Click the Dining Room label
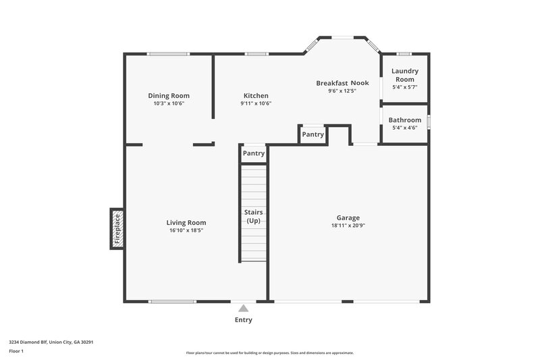pyautogui.click(x=169, y=96)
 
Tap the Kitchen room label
pyautogui.click(x=256, y=96)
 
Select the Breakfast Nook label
pyautogui.click(x=342, y=83)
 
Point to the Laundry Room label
pyautogui.click(x=405, y=75)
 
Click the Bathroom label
pyautogui.click(x=405, y=120)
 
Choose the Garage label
pyautogui.click(x=348, y=217)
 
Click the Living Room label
pyautogui.click(x=186, y=222)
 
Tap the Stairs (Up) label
pyautogui.click(x=254, y=217)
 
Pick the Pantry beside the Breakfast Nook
pyautogui.click(x=313, y=134)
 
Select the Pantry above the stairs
pyautogui.click(x=254, y=153)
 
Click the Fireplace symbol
pyautogui.click(x=117, y=228)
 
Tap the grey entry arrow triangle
pyautogui.click(x=244, y=308)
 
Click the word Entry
pyautogui.click(x=244, y=320)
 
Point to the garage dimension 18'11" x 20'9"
pyautogui.click(x=348, y=226)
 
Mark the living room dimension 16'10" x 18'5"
pyautogui.click(x=186, y=230)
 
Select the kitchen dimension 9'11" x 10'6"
pyautogui.click(x=256, y=104)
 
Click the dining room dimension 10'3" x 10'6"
pyautogui.click(x=169, y=104)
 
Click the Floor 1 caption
pyautogui.click(x=16, y=352)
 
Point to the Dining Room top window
pyautogui.click(x=168, y=54)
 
